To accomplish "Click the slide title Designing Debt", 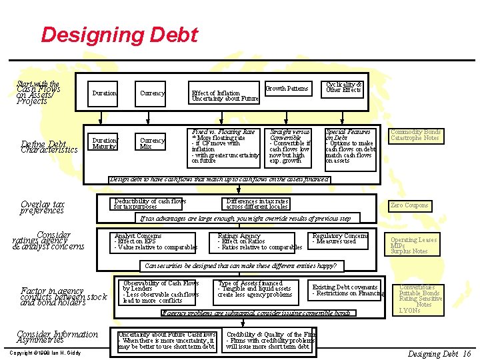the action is click(119, 35).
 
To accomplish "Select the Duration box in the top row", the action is click(104, 93).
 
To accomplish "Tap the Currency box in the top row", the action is click(153, 93).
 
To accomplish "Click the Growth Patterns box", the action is click(287, 88).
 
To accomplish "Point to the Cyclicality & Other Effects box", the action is click(344, 87).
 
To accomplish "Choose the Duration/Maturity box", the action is click(104, 143).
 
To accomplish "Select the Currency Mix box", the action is click(153, 143).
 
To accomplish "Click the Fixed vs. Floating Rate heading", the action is click(223, 132).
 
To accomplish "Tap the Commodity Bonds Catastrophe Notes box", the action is click(415, 135).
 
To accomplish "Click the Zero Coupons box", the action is click(410, 205).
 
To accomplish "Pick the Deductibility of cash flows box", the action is click(150, 204).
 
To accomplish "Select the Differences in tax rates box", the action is click(257, 204).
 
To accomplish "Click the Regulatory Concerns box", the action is click(340, 239).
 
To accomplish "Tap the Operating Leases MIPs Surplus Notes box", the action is click(413, 245).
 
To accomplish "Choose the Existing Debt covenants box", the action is click(345, 290).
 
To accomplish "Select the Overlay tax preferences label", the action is click(43, 207).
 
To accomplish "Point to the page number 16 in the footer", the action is click(467, 354).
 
